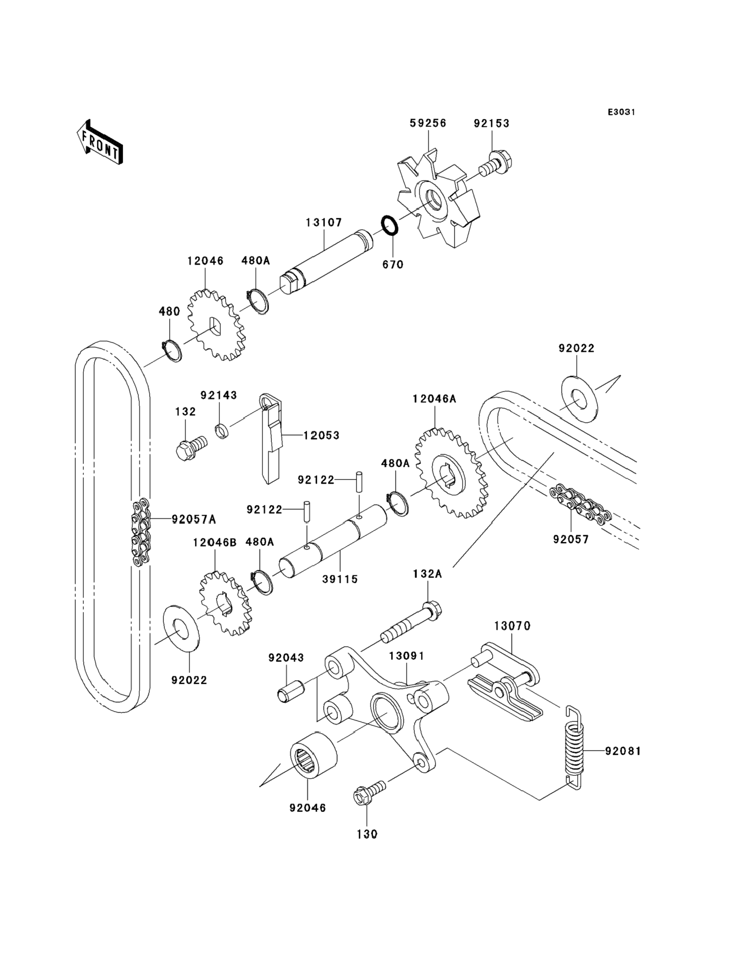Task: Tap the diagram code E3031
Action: pos(621,112)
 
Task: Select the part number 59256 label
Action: pos(428,123)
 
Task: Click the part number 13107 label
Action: pos(324,223)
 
